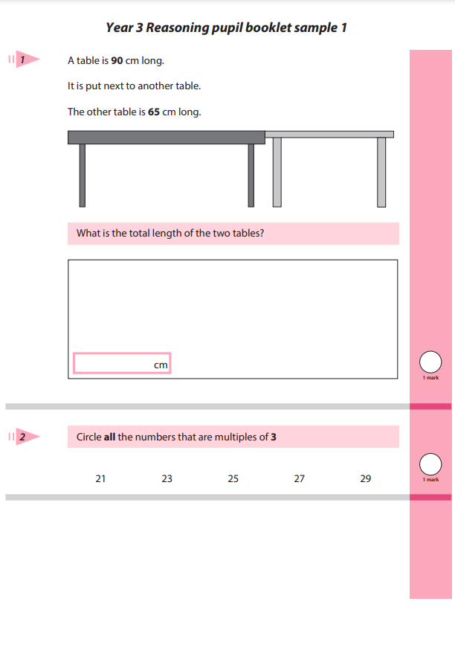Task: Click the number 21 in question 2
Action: click(100, 479)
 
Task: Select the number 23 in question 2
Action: click(167, 479)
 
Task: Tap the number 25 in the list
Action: click(233, 479)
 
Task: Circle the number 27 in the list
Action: click(299, 479)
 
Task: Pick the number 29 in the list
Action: click(365, 479)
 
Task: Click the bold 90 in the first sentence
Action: click(117, 60)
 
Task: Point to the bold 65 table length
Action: click(155, 112)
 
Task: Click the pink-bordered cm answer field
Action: click(122, 363)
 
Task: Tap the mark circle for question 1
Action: click(430, 362)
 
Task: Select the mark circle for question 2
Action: click(430, 464)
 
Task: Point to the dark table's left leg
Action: click(82, 175)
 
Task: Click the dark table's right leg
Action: click(251, 175)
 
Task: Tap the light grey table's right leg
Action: click(381, 172)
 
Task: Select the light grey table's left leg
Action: click(277, 172)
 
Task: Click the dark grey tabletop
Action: click(166, 137)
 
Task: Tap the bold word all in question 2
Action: click(109, 437)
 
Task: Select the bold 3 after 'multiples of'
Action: click(274, 437)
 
